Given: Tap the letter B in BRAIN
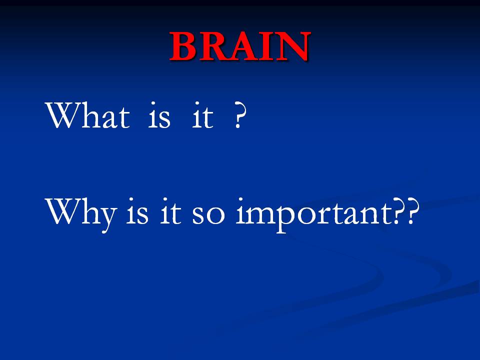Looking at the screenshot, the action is point(183,46).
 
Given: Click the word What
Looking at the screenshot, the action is point(88,115).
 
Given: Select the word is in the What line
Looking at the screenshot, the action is point(159,115).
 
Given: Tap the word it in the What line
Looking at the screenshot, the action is point(202,115).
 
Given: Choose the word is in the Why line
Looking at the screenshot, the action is point(137,211).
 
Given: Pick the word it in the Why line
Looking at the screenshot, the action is point(171,211).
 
